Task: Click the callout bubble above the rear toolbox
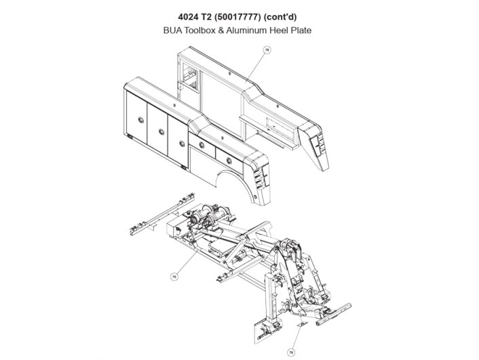click(x=267, y=49)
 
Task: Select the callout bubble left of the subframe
click(x=174, y=276)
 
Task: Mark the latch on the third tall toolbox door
click(x=180, y=142)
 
